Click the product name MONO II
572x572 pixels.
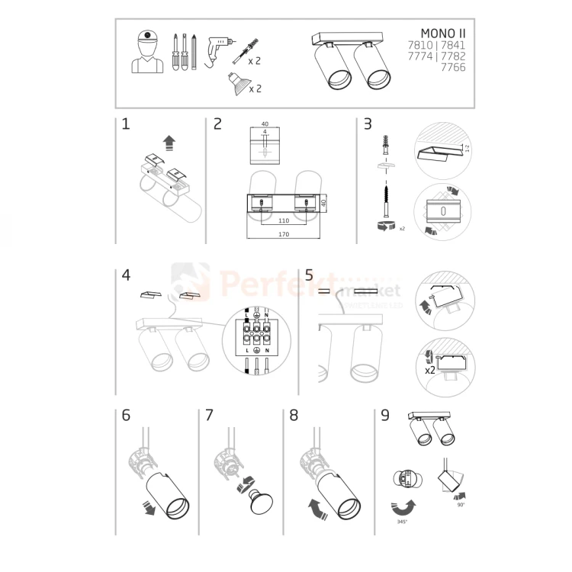(443, 34)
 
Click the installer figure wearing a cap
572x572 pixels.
(146, 52)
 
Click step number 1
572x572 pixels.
(125, 124)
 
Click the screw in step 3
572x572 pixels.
(387, 199)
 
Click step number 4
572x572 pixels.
(126, 276)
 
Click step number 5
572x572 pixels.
(309, 275)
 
